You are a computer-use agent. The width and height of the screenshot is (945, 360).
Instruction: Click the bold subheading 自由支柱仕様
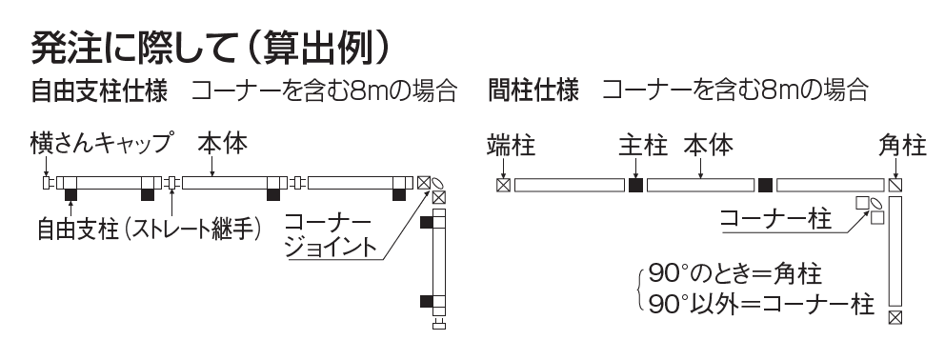pos(99,92)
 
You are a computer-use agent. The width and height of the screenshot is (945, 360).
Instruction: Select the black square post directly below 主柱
pos(636,184)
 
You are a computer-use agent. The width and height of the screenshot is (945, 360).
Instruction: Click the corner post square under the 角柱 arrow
pos(895,185)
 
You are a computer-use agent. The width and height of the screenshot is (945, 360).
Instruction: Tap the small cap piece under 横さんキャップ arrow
pos(46,181)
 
